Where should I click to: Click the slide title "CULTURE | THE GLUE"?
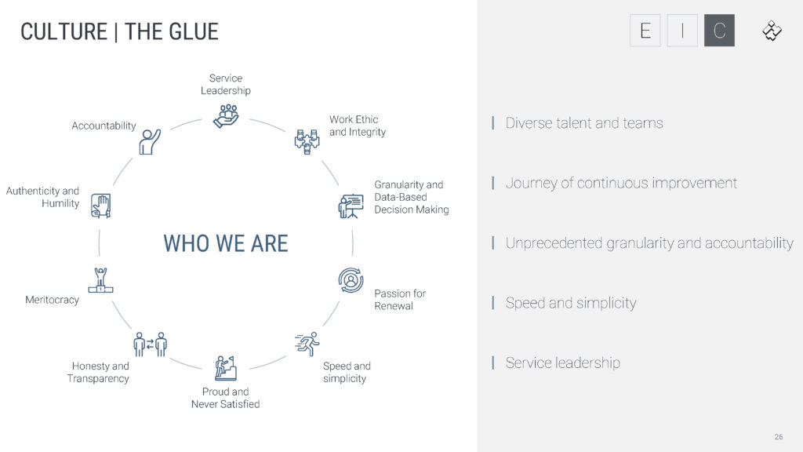point(119,31)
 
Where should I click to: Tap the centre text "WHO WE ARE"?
point(226,243)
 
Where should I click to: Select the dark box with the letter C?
point(719,31)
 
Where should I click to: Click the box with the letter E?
point(645,31)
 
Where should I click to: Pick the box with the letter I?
point(682,31)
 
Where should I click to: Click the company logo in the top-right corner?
point(772,31)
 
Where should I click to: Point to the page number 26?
point(779,436)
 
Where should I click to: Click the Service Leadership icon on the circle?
point(226,115)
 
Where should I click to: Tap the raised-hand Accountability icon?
point(150,141)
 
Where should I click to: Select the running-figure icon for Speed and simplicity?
point(307,344)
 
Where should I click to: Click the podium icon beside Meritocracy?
point(100,281)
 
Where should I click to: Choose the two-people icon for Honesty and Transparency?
point(151,344)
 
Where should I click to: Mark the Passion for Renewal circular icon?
point(351,280)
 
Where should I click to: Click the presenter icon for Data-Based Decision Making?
point(351,206)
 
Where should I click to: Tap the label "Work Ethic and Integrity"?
point(358,126)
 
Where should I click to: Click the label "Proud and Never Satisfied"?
point(225,398)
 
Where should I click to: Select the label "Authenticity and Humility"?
point(43,197)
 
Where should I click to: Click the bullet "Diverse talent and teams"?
point(584,123)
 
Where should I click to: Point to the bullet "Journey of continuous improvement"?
point(621,183)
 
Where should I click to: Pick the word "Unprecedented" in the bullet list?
point(554,243)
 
